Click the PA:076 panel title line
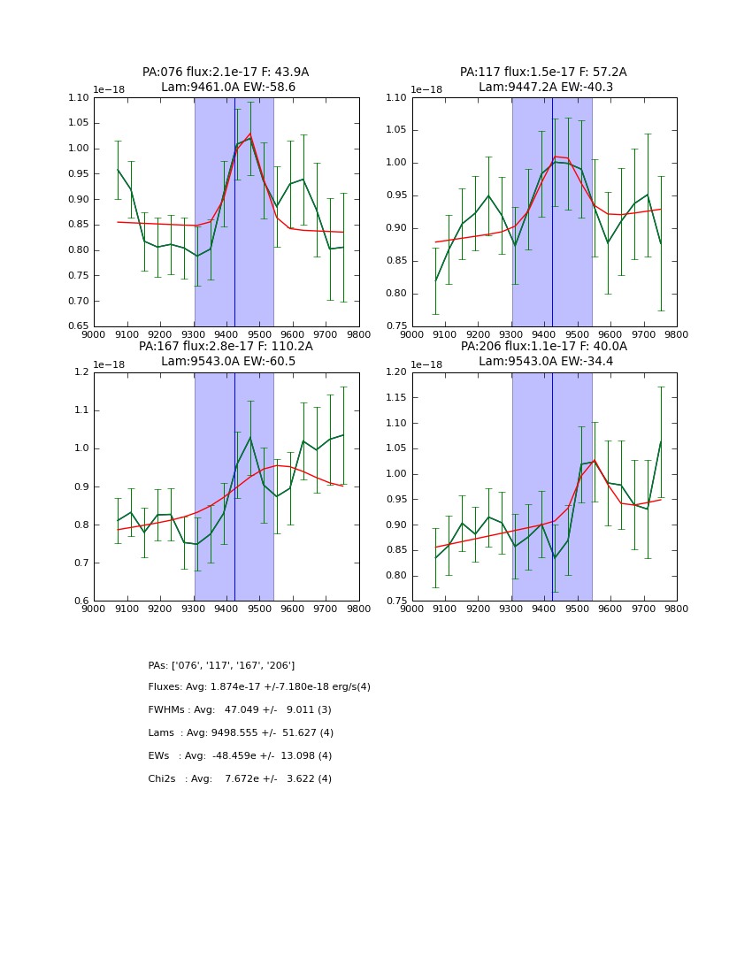point(226,73)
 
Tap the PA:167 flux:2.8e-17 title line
point(226,347)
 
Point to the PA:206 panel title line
point(543,347)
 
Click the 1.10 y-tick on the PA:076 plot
point(79,98)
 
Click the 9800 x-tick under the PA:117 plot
point(676,334)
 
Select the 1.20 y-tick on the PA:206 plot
point(397,372)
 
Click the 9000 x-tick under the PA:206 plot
point(412,609)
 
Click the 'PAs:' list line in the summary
point(221,665)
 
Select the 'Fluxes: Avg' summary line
point(259,687)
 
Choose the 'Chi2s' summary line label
point(165,779)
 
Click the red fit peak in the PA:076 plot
point(249,134)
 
